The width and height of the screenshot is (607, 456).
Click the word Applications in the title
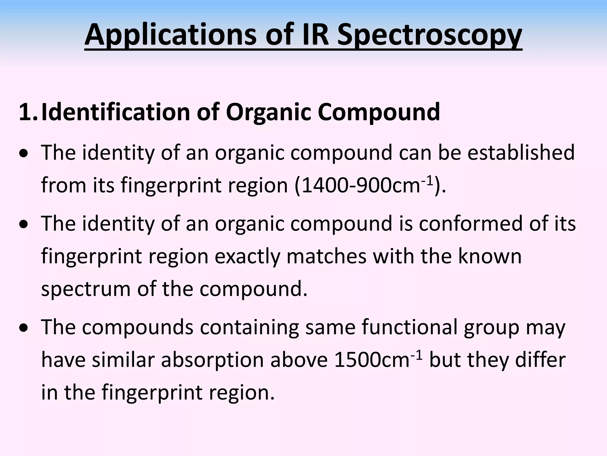pyautogui.click(x=170, y=35)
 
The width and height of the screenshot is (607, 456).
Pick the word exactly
pyautogui.click(x=247, y=256)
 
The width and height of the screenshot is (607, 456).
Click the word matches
pyautogui.click(x=326, y=256)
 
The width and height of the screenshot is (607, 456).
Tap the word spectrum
pyautogui.click(x=86, y=289)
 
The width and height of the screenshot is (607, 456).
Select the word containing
pyautogui.click(x=249, y=327)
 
